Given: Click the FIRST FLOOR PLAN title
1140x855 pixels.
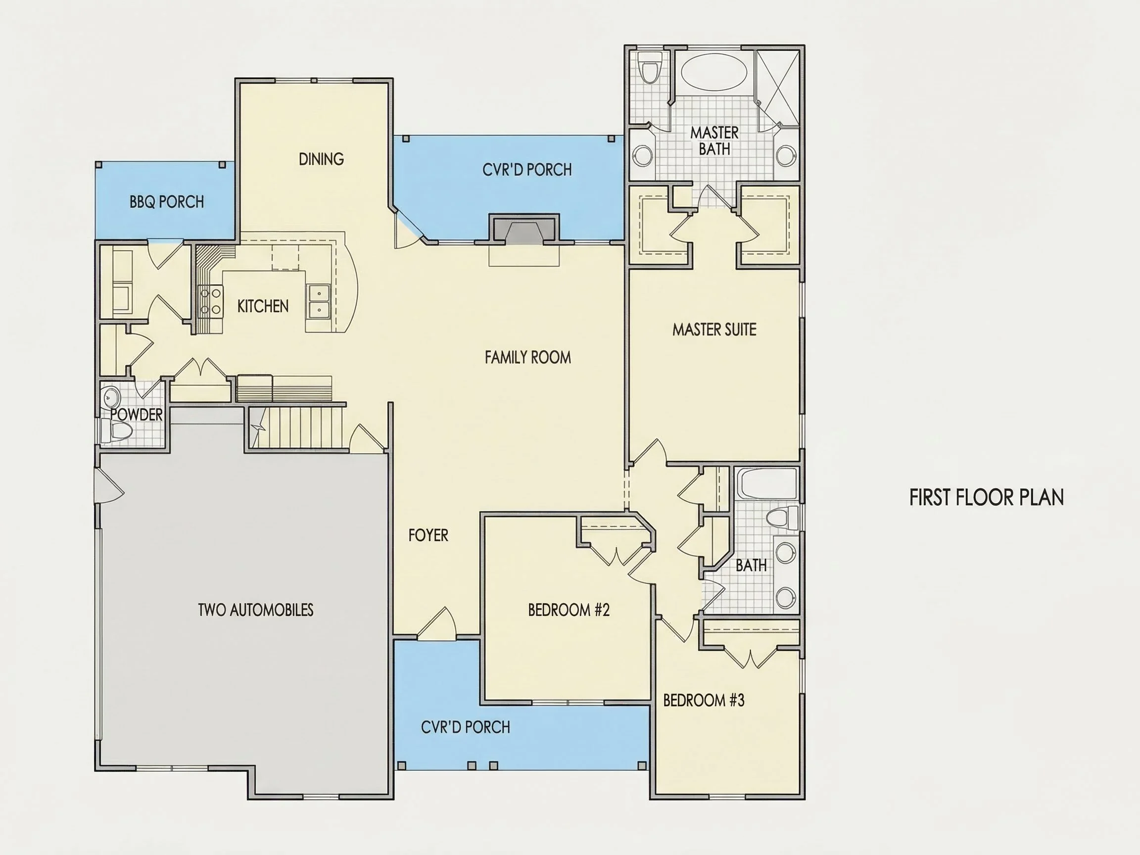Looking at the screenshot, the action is (x=987, y=497).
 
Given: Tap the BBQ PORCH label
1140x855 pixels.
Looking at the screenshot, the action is (x=166, y=201).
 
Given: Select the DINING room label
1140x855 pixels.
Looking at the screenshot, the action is (x=321, y=159).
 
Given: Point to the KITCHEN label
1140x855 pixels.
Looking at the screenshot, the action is (x=263, y=306).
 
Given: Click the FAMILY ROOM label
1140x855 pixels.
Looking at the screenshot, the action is (x=528, y=357).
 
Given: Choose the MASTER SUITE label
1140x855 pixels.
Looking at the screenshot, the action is (x=714, y=330).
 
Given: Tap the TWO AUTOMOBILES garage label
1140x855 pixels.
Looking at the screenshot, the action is (x=256, y=610).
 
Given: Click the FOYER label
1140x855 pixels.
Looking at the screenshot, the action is (x=428, y=535).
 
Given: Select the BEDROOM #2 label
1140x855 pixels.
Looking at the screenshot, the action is (x=569, y=610).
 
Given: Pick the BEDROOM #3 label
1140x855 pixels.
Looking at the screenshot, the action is (x=704, y=700).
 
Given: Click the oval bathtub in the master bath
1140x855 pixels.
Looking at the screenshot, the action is (x=714, y=73).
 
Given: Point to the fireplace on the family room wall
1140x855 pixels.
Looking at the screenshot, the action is (x=524, y=228).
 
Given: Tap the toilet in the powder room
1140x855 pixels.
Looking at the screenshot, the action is (x=117, y=430).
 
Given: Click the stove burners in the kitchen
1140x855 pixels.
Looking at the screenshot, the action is (x=210, y=300).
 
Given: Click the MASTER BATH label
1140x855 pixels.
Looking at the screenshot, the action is (x=714, y=141).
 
